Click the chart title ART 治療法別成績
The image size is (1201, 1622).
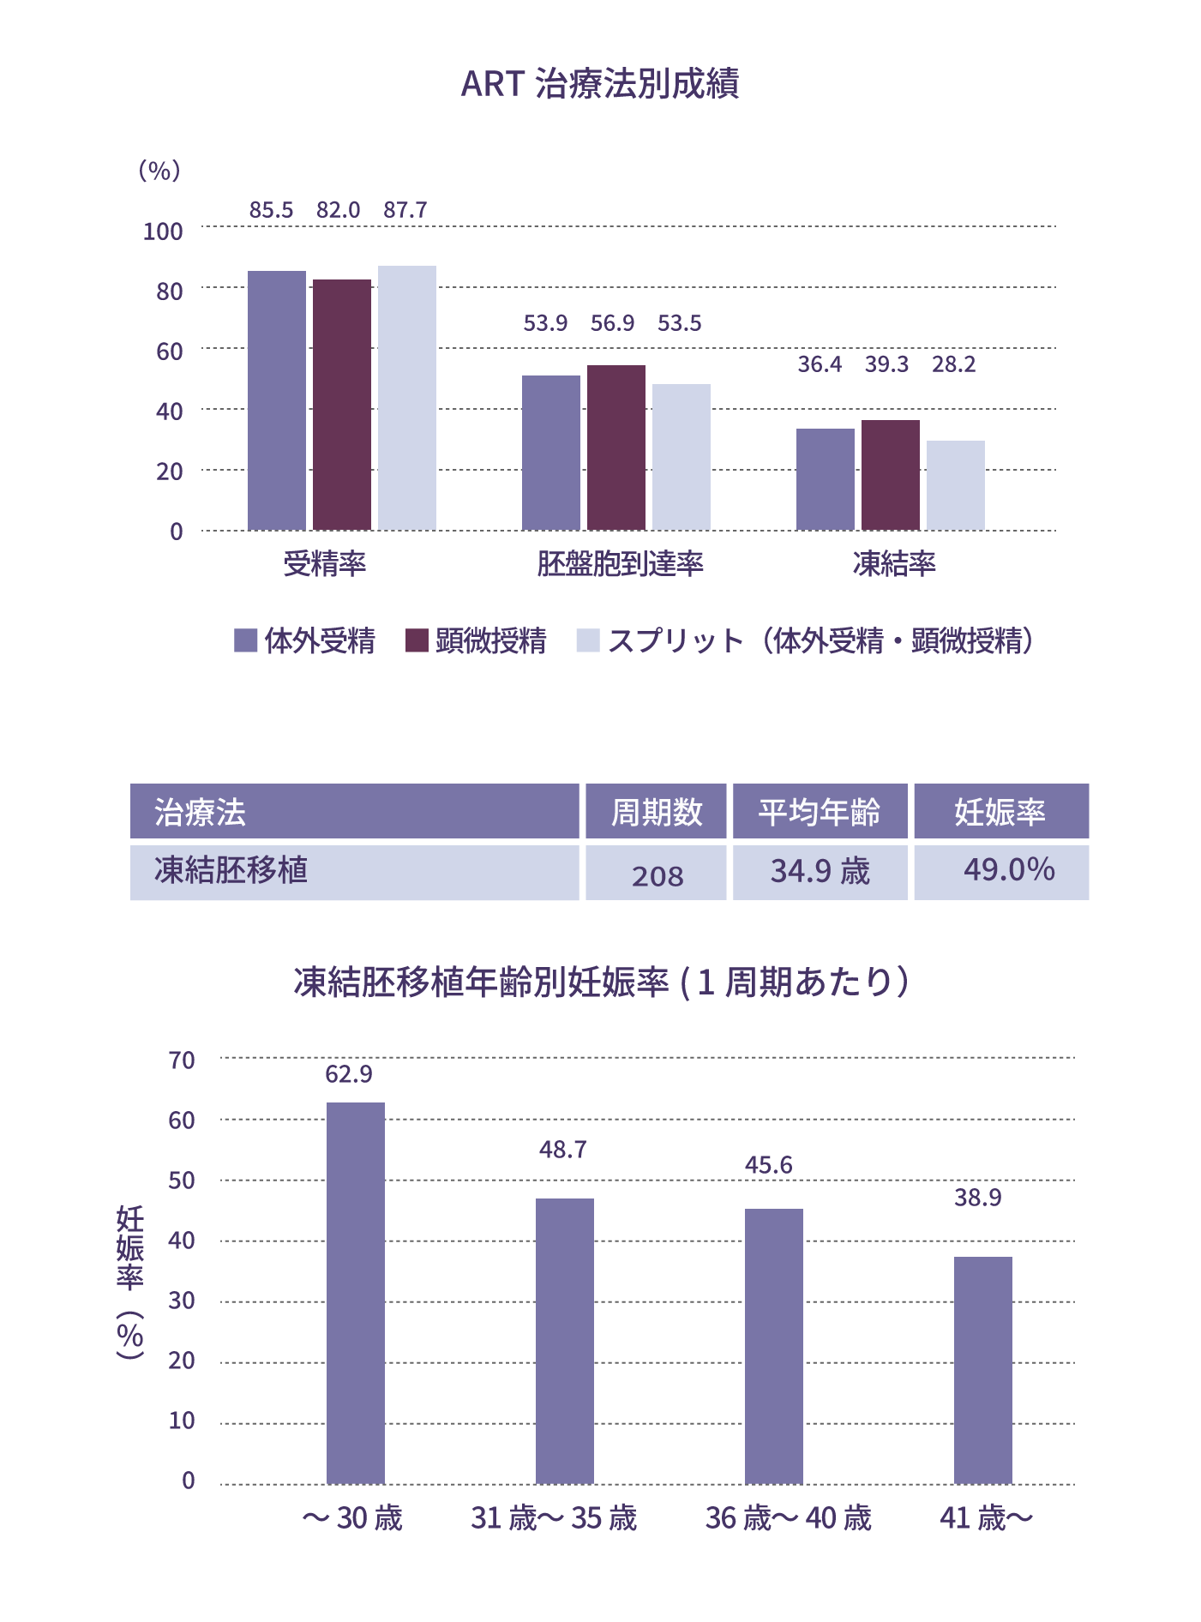click(600, 84)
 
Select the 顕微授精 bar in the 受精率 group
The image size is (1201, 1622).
click(342, 405)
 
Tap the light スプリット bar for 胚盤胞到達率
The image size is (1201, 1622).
click(682, 457)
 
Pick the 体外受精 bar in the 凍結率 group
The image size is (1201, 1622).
click(825, 479)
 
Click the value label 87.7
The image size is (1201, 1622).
click(405, 210)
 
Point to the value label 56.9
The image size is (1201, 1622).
click(612, 323)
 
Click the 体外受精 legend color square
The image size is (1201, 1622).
click(246, 640)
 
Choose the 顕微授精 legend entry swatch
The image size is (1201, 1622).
click(417, 640)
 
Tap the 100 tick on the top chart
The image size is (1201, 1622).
click(163, 231)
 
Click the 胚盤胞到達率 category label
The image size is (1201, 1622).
click(620, 563)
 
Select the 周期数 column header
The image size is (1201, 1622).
click(656, 811)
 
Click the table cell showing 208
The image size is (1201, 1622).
click(657, 874)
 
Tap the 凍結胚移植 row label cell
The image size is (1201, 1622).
click(354, 872)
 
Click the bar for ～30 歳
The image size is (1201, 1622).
click(356, 1293)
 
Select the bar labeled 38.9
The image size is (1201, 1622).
click(983, 1370)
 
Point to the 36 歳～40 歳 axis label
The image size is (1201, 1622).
click(788, 1518)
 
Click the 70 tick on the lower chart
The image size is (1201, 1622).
click(182, 1060)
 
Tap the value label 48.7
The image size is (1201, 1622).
click(562, 1150)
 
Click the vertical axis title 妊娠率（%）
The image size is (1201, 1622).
click(130, 1282)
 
